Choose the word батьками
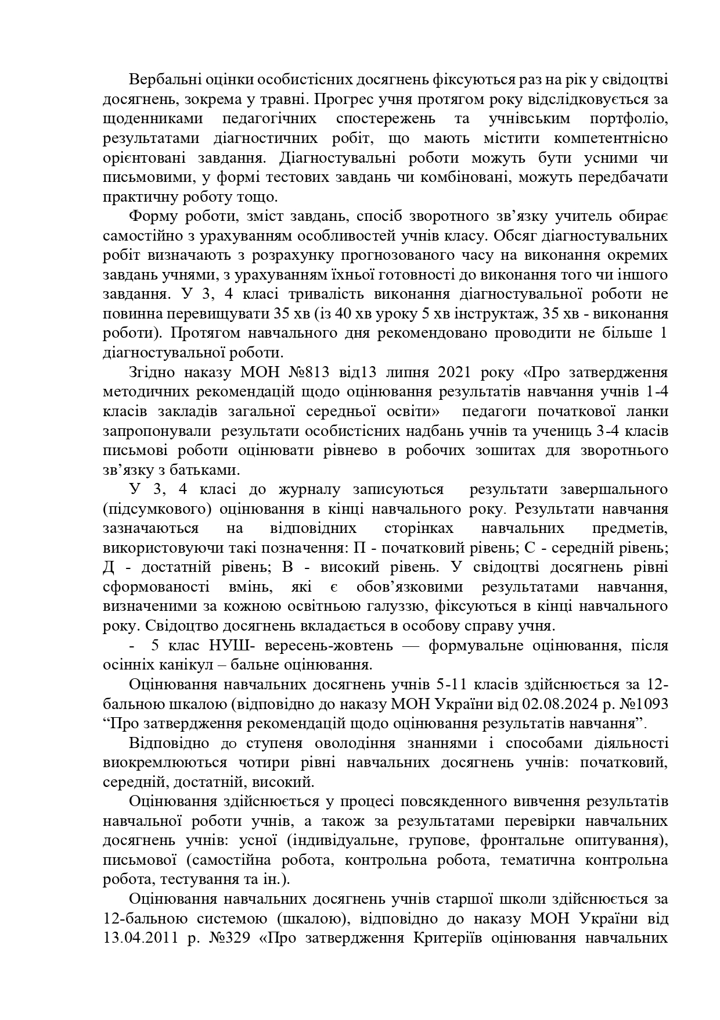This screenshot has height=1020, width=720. click(x=201, y=470)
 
